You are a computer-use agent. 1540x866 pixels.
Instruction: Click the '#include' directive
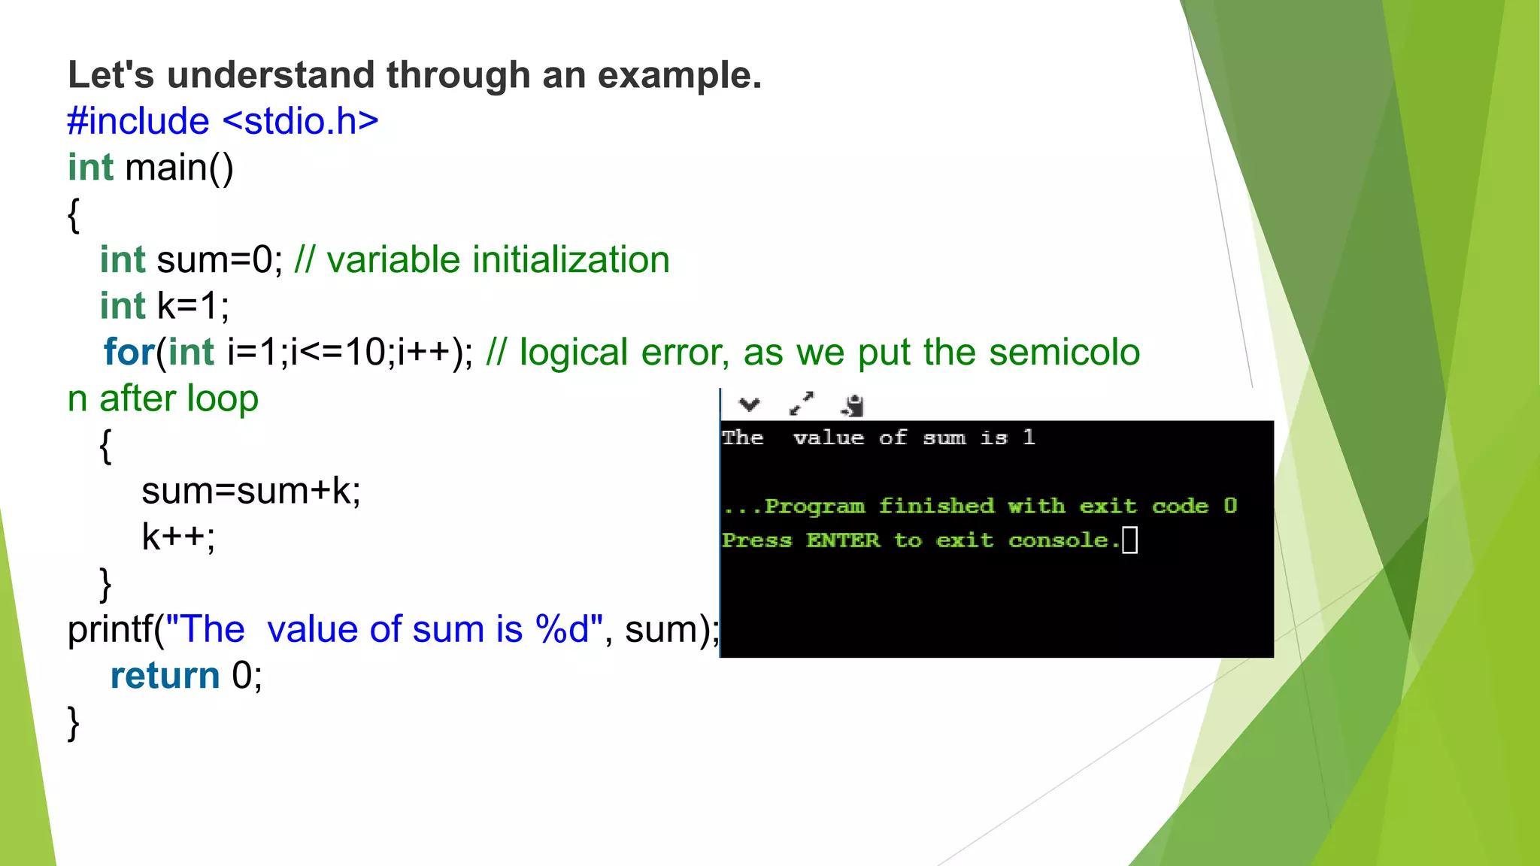(x=138, y=121)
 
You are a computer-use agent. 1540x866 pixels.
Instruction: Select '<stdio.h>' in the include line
(x=301, y=121)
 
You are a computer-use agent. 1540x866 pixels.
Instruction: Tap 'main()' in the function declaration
(x=179, y=168)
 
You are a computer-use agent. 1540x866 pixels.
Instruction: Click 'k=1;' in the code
(x=192, y=306)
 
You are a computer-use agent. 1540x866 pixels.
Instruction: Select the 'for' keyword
(x=129, y=353)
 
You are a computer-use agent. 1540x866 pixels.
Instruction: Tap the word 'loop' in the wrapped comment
(x=222, y=398)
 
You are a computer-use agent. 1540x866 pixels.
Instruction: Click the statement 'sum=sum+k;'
(x=251, y=491)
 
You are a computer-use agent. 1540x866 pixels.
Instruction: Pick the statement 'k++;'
(x=178, y=537)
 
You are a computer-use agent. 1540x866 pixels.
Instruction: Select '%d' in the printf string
(x=562, y=630)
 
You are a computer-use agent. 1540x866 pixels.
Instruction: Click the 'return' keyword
(x=165, y=676)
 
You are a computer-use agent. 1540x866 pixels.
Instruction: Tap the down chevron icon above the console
(x=749, y=405)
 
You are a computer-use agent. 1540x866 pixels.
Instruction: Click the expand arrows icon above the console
(x=802, y=404)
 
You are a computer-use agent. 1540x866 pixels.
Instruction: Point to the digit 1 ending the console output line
(x=1029, y=438)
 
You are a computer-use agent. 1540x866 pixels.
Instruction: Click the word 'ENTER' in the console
(x=843, y=540)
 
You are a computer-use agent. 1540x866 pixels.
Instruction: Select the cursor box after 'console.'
(x=1129, y=540)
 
